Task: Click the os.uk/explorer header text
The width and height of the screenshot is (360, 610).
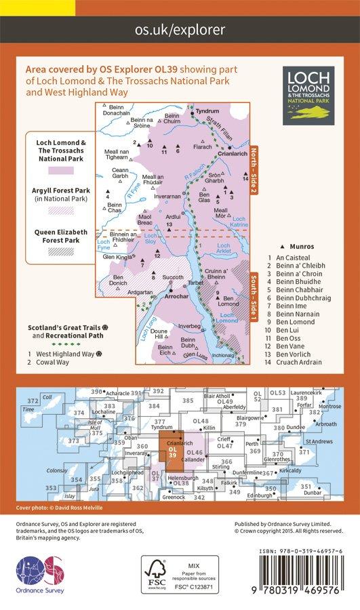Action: [x=180, y=29]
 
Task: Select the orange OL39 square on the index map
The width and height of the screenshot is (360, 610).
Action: [x=172, y=452]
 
